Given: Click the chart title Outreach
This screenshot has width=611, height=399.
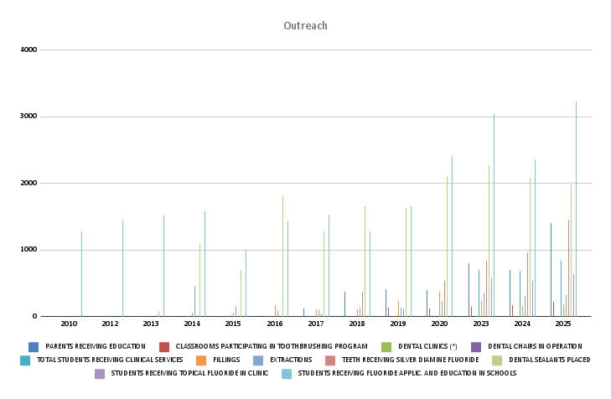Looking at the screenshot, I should point(305,26).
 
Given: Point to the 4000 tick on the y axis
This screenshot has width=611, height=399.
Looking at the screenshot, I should point(28,49).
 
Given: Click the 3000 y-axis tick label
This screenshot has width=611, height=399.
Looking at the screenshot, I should point(28,117).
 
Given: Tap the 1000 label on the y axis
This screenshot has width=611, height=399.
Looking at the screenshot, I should point(28,250).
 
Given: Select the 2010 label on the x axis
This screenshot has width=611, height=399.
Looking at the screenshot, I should point(69,324).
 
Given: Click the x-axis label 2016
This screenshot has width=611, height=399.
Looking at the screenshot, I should point(275,324).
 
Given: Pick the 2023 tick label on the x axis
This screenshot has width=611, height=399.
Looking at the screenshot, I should point(481,324).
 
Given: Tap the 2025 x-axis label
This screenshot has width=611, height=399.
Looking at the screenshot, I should point(563,324).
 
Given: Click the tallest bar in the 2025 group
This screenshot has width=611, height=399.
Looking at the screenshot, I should point(576,210).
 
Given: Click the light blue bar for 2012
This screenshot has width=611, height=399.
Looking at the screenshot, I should point(122,268).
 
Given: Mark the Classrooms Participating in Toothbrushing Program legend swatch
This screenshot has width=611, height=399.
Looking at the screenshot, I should point(164,346).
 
